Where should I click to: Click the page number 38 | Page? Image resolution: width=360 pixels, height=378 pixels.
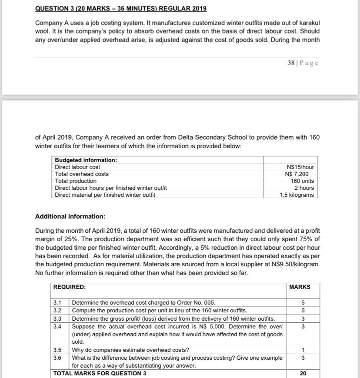303,63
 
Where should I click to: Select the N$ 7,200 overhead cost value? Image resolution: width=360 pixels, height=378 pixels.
300,174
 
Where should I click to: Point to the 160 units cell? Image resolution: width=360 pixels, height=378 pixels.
302,181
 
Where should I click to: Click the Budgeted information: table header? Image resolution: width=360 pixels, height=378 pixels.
86,160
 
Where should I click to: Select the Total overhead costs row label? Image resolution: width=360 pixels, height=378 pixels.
82,174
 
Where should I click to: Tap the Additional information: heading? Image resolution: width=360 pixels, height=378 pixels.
70,216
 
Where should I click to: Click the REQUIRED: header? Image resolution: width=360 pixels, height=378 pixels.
70,287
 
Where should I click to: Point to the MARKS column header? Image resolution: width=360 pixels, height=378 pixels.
300,287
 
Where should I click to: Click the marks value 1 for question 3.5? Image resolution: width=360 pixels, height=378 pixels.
303,350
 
